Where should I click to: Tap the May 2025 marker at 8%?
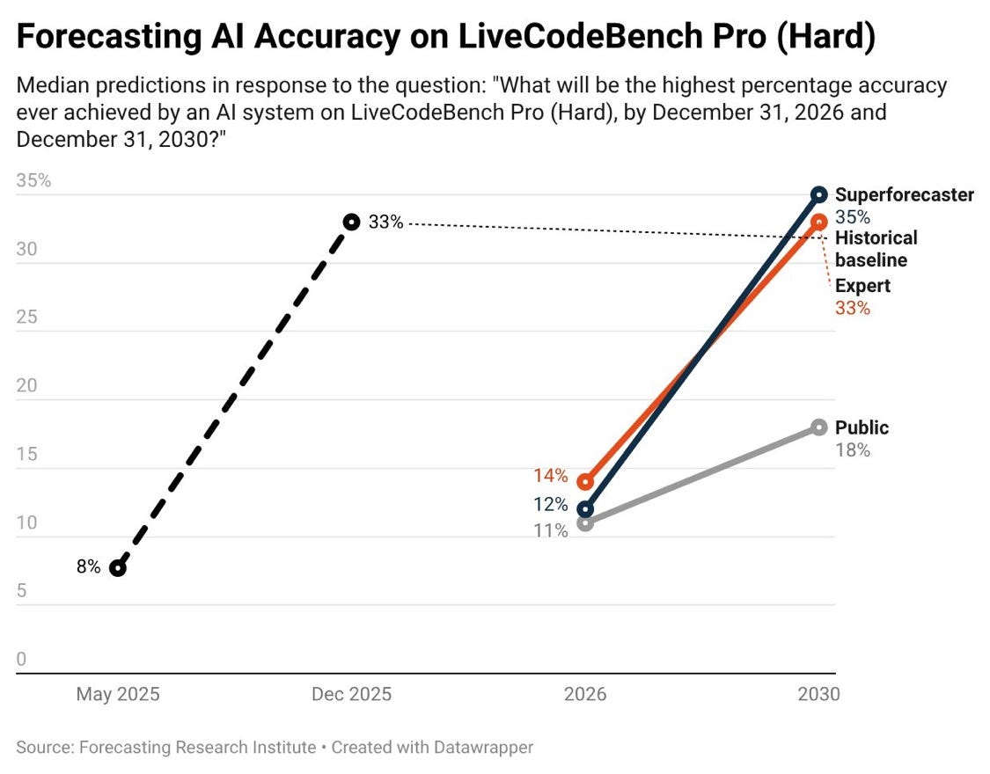[117, 567]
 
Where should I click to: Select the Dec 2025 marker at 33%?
[351, 222]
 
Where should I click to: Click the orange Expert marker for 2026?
[585, 482]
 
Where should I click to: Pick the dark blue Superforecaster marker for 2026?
[585, 509]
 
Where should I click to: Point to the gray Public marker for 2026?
[585, 523]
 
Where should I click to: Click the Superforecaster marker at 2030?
[819, 194]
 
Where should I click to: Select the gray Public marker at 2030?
[819, 427]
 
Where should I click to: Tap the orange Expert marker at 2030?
[819, 222]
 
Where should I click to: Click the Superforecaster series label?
[904, 195]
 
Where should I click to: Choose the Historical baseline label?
[876, 249]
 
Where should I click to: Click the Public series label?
[862, 427]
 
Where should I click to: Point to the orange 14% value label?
[550, 476]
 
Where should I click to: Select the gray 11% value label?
[550, 530]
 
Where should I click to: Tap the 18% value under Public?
[852, 450]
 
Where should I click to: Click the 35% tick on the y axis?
[34, 181]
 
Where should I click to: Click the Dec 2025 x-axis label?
[351, 694]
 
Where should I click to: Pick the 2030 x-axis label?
[819, 694]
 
